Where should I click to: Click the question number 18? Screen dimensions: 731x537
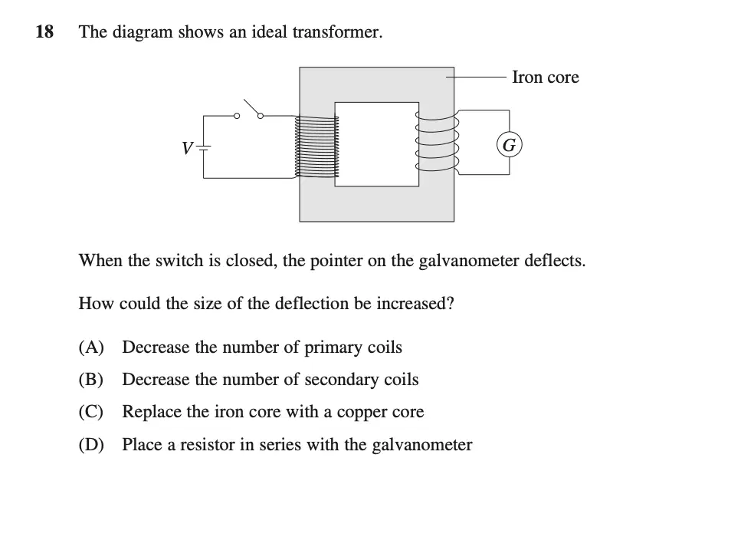click(44, 31)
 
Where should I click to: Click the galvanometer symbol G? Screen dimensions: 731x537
click(509, 145)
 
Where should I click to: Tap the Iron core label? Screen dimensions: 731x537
click(546, 77)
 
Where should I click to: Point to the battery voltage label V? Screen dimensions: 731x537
click(187, 148)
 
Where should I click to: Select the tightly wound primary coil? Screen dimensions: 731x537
click(316, 147)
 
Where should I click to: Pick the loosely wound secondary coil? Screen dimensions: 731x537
click(437, 141)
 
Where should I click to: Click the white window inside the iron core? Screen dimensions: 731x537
click(377, 144)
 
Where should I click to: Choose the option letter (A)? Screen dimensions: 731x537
click(91, 347)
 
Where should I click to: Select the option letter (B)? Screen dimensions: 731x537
click(91, 379)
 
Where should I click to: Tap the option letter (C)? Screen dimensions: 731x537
click(91, 411)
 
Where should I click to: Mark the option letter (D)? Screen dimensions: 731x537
click(91, 444)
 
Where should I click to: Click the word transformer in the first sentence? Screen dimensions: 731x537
click(337, 31)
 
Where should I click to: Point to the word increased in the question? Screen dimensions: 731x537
click(415, 303)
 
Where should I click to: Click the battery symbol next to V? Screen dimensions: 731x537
click(204, 147)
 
